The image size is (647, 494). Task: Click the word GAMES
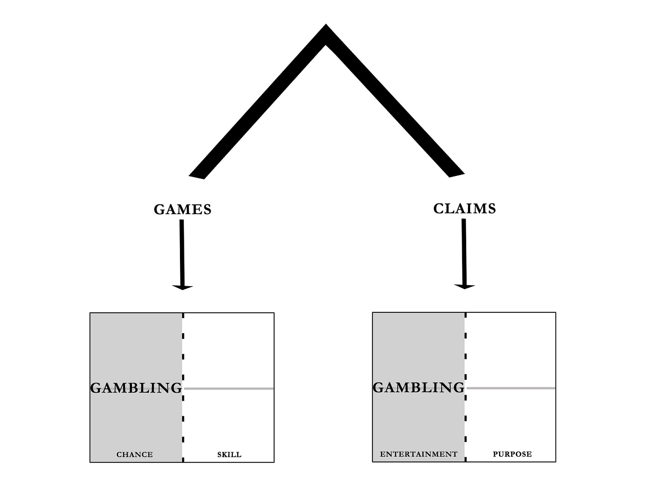183,209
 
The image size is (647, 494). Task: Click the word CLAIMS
464,208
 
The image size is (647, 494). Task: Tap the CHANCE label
135,454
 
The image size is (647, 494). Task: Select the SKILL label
229,454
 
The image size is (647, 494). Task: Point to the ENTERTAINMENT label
419,454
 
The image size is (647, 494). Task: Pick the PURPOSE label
512,454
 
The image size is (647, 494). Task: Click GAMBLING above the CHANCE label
136,388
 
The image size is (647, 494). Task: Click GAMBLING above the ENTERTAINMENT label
419,387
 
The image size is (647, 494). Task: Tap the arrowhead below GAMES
182,287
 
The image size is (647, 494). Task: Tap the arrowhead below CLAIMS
465,286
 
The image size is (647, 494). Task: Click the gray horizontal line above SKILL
229,389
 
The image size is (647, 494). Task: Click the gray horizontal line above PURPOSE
511,388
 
